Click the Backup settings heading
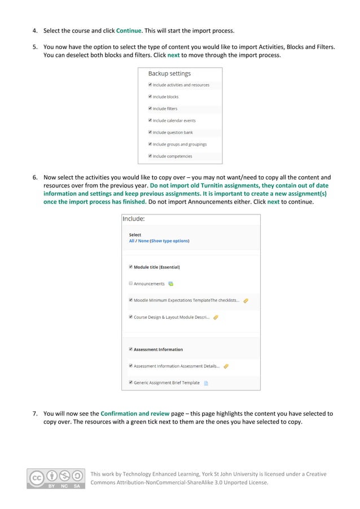[x=169, y=73]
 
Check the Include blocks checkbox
[x=150, y=96]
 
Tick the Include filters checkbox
[x=150, y=108]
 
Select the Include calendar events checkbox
[x=150, y=120]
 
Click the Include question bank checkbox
[x=150, y=132]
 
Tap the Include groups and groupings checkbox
[x=150, y=144]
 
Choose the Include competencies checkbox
[x=150, y=156]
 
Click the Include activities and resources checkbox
[x=150, y=85]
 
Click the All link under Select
[x=131, y=240]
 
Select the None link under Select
[x=143, y=240]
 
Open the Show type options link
[x=169, y=240]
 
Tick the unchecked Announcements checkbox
[x=131, y=283]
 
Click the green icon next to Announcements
[x=171, y=284]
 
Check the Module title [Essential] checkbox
[x=131, y=267]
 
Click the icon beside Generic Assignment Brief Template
[x=206, y=383]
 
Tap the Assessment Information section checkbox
[x=131, y=349]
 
